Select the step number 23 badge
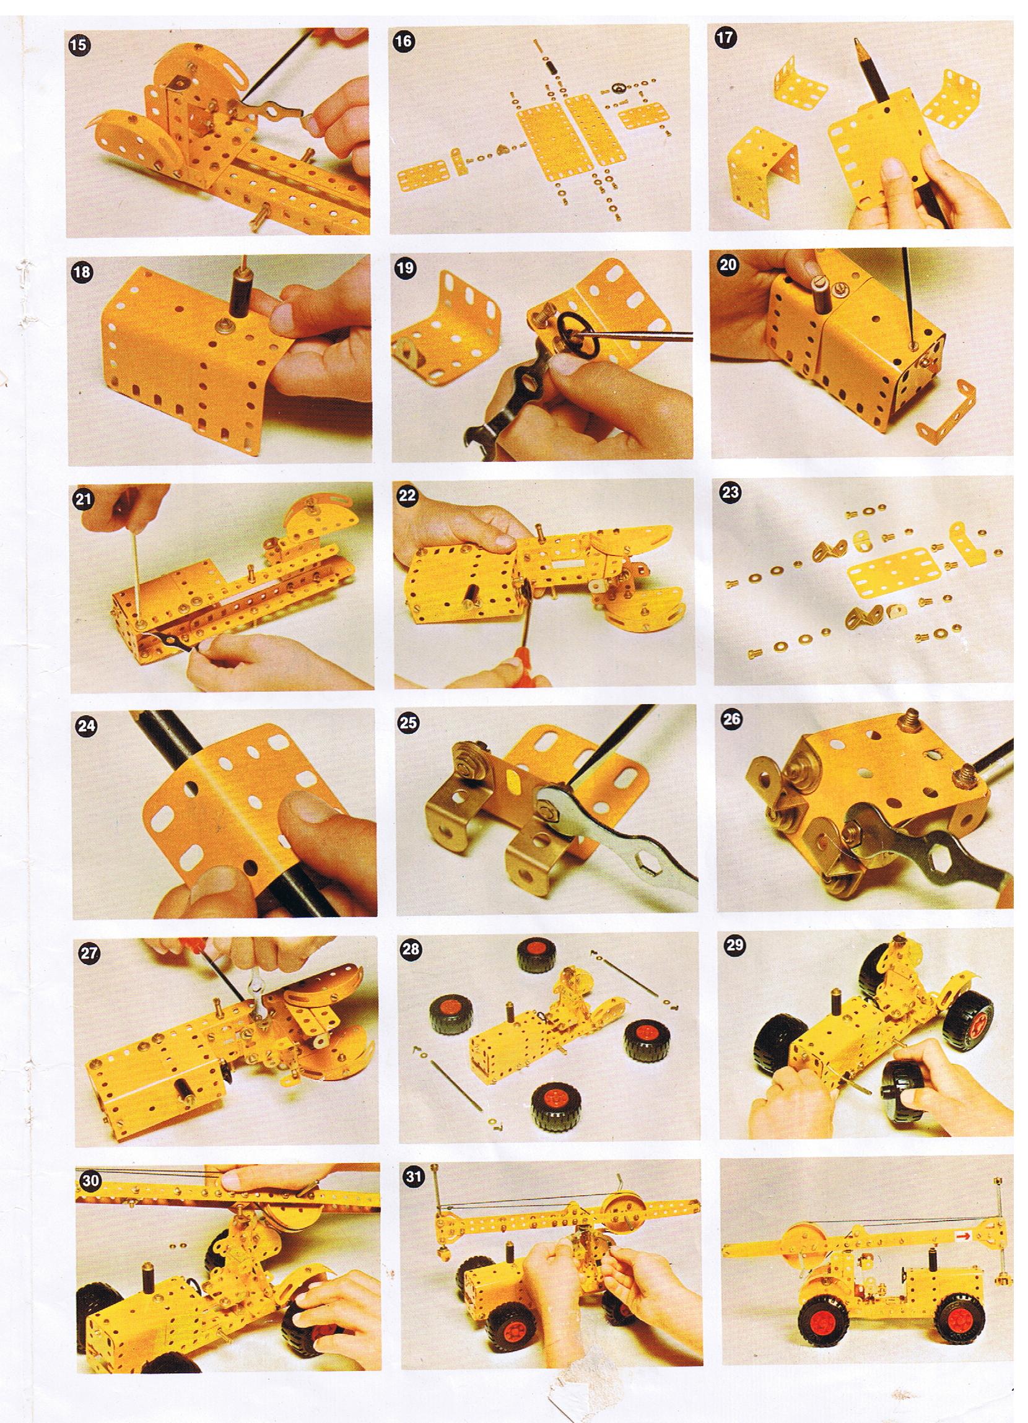(731, 492)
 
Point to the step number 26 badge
(732, 719)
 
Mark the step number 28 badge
(411, 948)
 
